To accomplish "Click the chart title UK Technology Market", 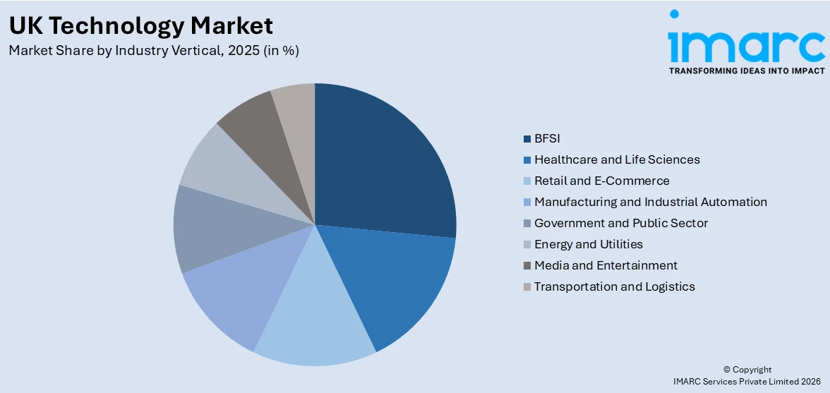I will click(x=140, y=26).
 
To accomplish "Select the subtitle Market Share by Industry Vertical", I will click(x=154, y=51).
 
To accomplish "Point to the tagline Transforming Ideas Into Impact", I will click(x=747, y=71).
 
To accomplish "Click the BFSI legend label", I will click(x=547, y=138).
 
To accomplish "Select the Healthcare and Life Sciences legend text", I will click(x=617, y=159).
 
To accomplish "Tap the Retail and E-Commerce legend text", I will click(x=601, y=181).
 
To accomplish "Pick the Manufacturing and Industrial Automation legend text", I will click(x=650, y=202).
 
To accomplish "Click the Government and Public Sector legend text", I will click(x=620, y=223).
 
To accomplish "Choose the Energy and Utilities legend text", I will click(x=588, y=244).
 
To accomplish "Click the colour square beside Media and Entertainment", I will click(x=527, y=266).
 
